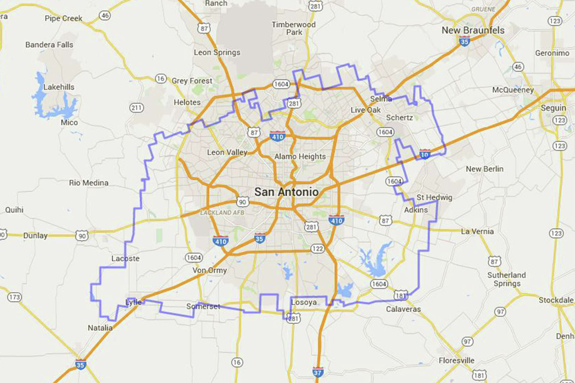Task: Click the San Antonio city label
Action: coord(286,192)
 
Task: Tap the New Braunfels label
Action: coord(473,30)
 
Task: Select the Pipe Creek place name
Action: coord(63,18)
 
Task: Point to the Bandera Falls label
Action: coord(49,45)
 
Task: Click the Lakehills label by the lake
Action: coord(59,87)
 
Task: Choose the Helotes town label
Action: coord(187,102)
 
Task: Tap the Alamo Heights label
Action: coord(300,157)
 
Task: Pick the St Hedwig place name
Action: coord(434,197)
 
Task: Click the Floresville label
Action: coord(456,361)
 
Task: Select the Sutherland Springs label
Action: coord(506,279)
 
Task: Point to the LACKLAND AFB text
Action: coord(222,213)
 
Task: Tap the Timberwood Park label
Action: coord(293,28)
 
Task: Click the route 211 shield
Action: coord(136,108)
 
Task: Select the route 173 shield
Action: coord(14,297)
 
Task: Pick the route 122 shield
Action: coord(317,249)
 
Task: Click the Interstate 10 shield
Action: coord(424,154)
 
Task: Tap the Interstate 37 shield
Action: coord(317,372)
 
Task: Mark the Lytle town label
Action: coord(133,302)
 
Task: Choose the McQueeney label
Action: coord(513,90)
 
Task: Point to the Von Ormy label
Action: coord(209,270)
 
